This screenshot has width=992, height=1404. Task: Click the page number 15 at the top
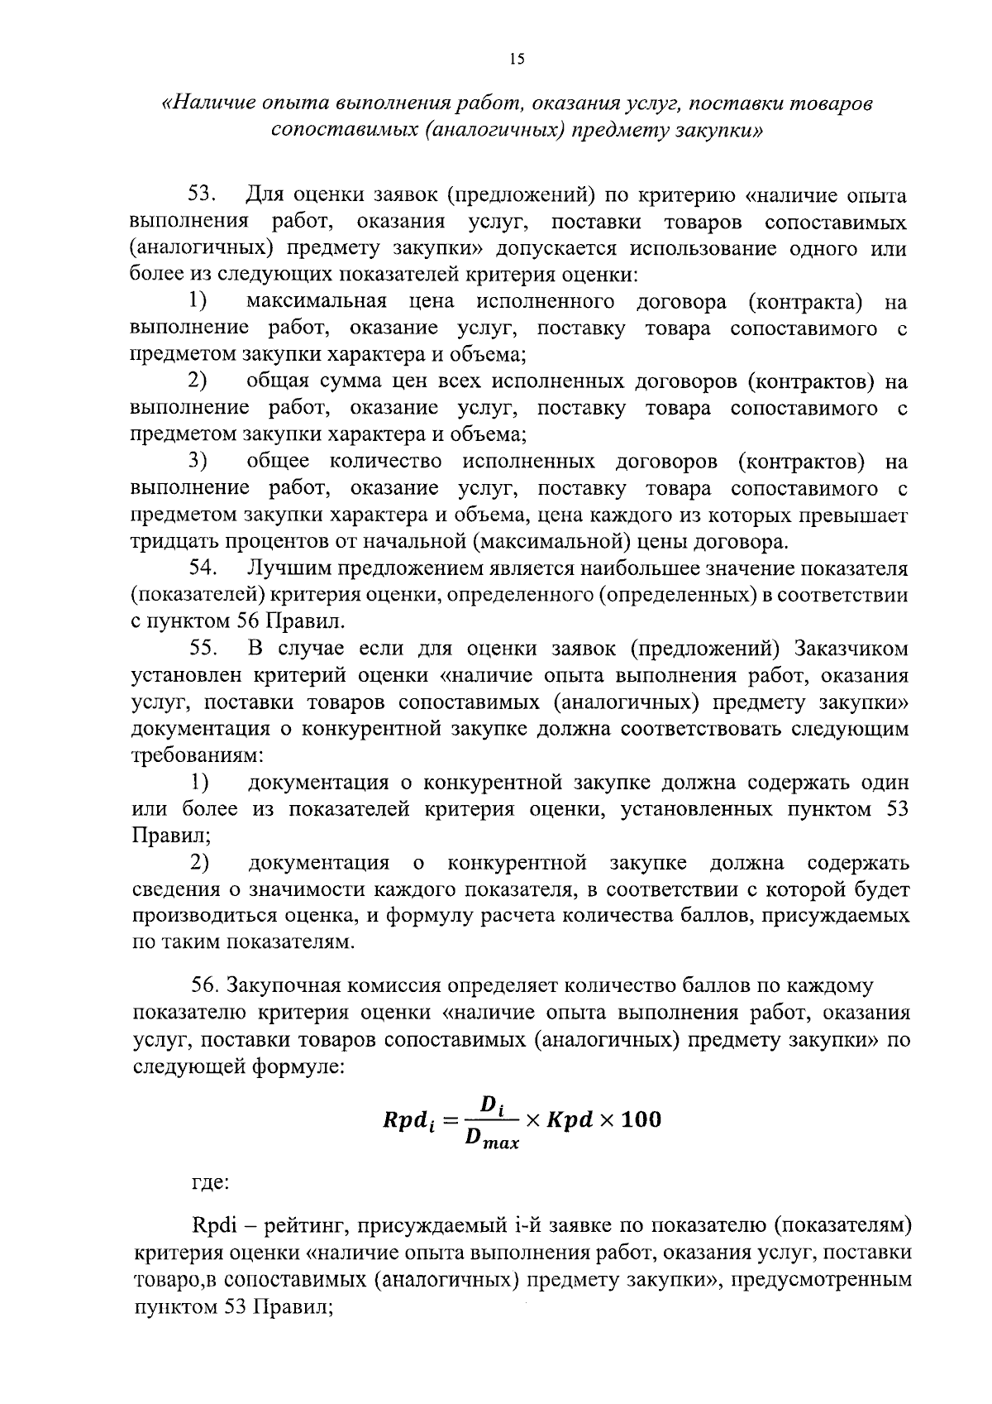pyautogui.click(x=517, y=59)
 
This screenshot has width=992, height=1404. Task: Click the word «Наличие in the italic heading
pyautogui.click(x=204, y=104)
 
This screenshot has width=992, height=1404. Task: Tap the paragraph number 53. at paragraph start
pyautogui.click(x=203, y=195)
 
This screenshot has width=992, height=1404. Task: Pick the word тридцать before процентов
pyautogui.click(x=169, y=542)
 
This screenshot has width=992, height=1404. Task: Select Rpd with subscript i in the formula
pyautogui.click(x=408, y=1122)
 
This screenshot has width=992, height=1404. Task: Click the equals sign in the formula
pyautogui.click(x=449, y=1121)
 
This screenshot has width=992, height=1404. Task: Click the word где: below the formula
pyautogui.click(x=210, y=1184)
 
